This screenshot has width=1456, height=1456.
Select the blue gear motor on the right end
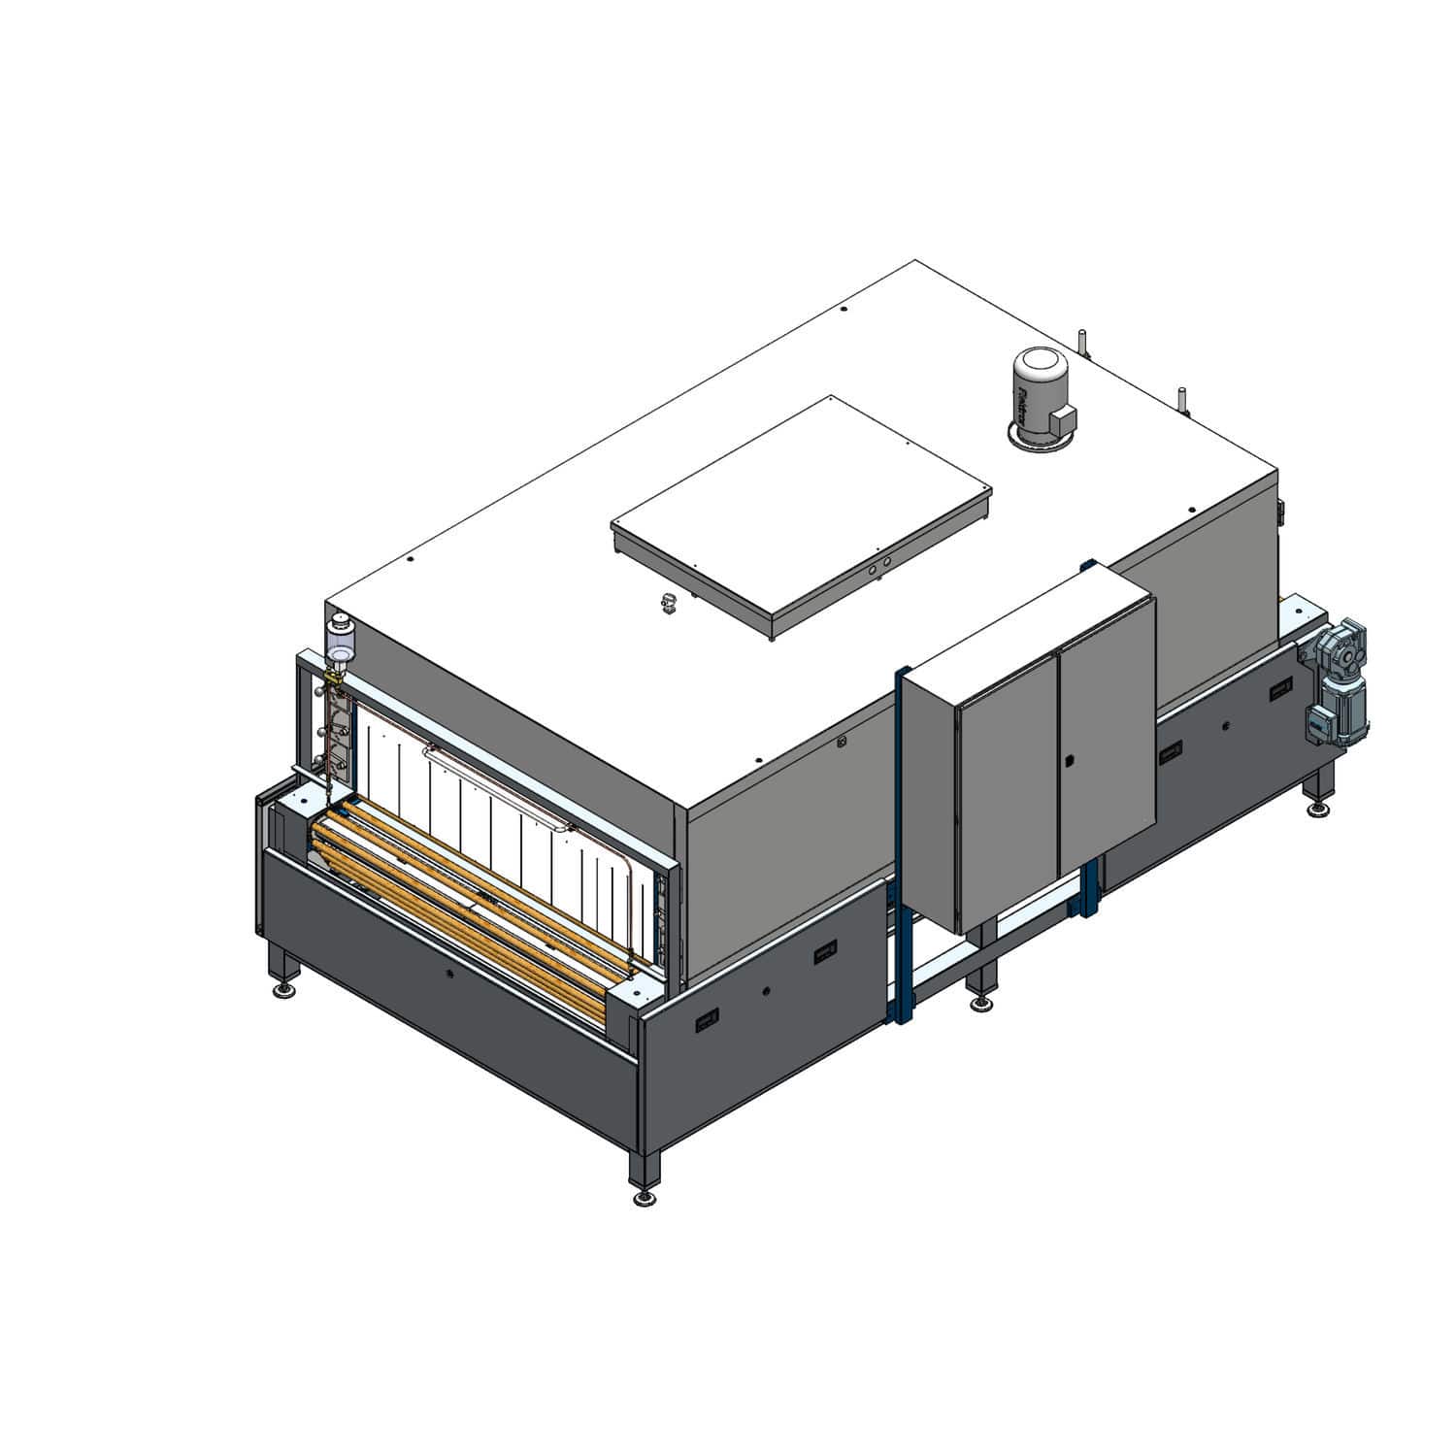tap(1339, 680)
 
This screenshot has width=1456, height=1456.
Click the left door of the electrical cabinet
tap(1007, 793)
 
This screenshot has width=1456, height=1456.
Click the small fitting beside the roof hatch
tap(668, 603)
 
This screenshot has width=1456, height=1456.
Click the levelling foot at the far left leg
tap(285, 990)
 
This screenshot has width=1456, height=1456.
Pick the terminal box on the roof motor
tap(1065, 418)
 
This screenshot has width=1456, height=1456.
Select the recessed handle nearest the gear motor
tap(1279, 691)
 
